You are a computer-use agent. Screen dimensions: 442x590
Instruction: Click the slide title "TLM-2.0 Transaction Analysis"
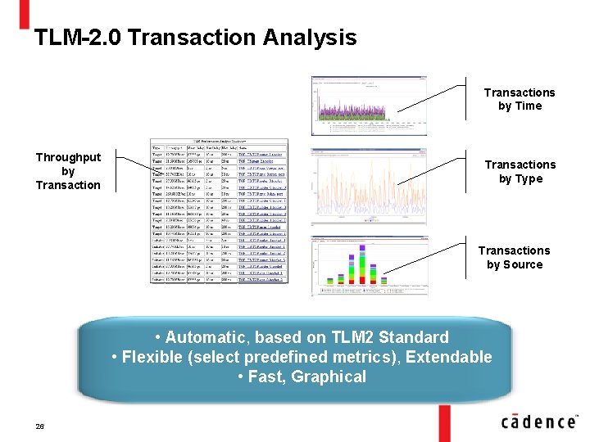(195, 38)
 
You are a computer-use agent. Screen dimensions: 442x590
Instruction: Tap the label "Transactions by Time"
(520, 99)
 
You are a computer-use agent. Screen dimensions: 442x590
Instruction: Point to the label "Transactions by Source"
(515, 257)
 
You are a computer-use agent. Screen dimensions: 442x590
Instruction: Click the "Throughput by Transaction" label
(68, 171)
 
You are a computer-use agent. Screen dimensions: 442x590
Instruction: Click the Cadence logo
(538, 422)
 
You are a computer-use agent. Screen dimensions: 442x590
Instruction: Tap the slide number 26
(39, 426)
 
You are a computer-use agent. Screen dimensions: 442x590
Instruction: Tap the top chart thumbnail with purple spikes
(369, 106)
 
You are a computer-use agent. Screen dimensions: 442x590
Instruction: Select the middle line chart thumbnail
(369, 185)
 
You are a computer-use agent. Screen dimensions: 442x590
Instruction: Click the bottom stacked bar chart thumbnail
(369, 266)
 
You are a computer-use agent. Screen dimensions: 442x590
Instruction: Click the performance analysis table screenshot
(220, 211)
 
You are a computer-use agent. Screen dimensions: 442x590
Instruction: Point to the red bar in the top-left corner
(24, 12)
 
